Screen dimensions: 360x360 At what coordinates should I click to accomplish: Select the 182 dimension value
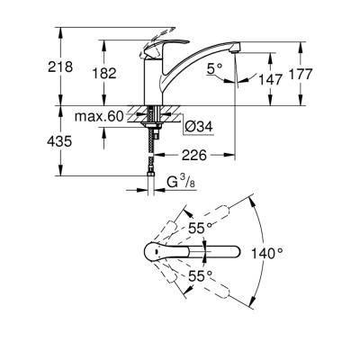point(105,73)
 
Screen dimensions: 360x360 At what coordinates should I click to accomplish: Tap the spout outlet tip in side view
point(233,51)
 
